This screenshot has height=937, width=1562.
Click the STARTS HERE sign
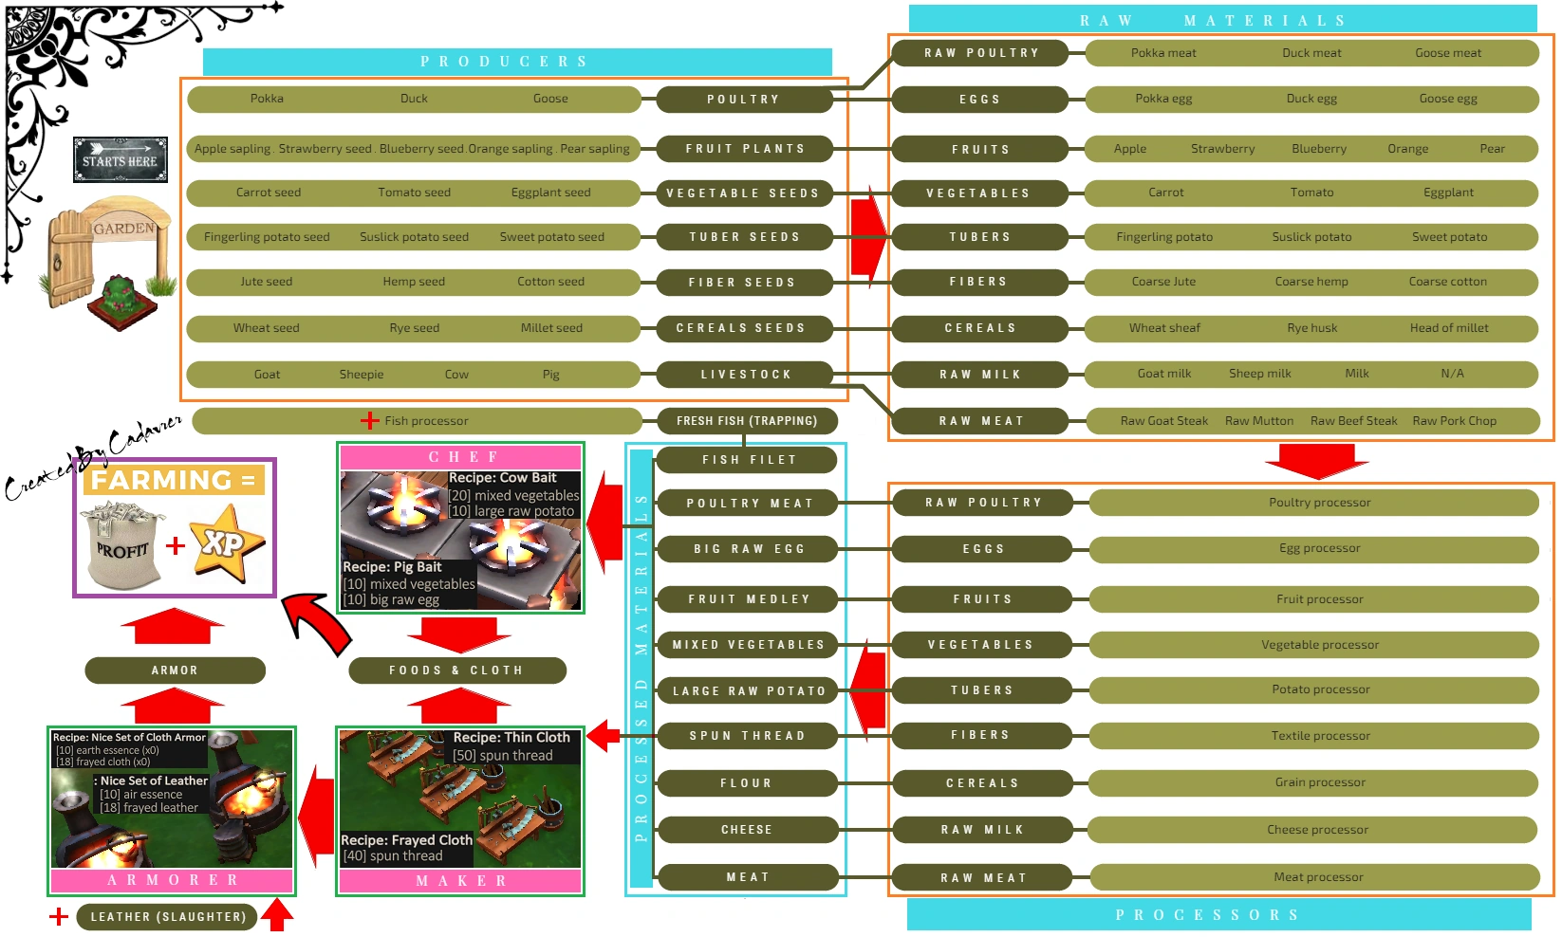pyautogui.click(x=120, y=159)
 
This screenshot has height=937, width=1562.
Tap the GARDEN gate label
pyautogui.click(x=123, y=229)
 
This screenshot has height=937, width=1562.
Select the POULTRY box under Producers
pyautogui.click(x=743, y=99)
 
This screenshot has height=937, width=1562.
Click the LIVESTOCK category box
pyautogui.click(x=745, y=375)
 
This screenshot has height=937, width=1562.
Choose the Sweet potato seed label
pyautogui.click(x=551, y=237)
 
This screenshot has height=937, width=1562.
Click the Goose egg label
pyautogui.click(x=1447, y=99)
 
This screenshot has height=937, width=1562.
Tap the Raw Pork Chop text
pyautogui.click(x=1454, y=421)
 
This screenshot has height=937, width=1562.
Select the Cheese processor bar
pyautogui.click(x=1316, y=830)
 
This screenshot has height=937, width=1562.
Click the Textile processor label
pyautogui.click(x=1320, y=736)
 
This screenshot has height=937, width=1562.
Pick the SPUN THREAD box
pyautogui.click(x=747, y=736)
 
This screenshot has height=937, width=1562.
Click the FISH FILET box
pyautogui.click(x=748, y=460)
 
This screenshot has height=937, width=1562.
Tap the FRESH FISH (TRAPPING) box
pyautogui.click(x=746, y=421)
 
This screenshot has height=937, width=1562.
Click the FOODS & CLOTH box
pyautogui.click(x=456, y=671)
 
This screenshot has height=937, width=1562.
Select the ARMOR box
pyautogui.click(x=175, y=671)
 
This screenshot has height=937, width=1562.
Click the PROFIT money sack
pyautogui.click(x=123, y=546)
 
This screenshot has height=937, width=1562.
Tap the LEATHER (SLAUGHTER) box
pyautogui.click(x=167, y=917)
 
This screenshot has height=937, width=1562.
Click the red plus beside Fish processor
pyautogui.click(x=369, y=421)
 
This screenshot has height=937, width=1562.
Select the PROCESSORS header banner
pyautogui.click(x=1218, y=915)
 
